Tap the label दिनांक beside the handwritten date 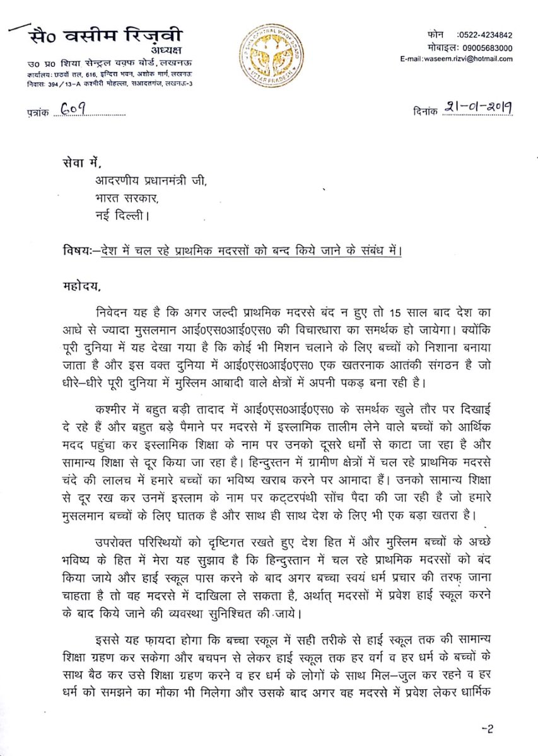click(x=417, y=110)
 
